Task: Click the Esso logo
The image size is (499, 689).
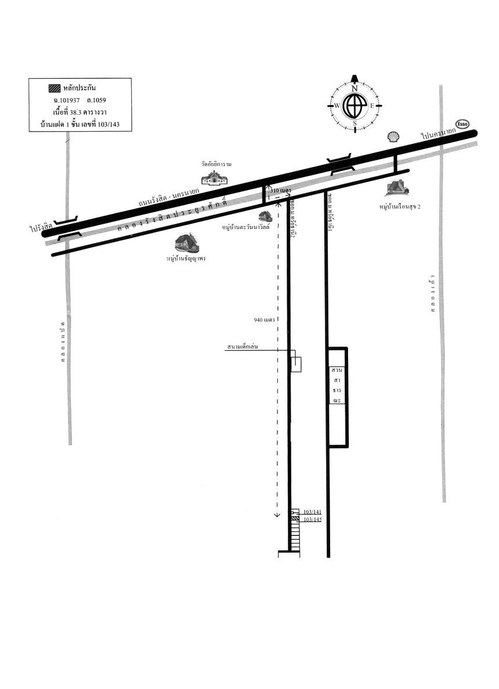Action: [462, 124]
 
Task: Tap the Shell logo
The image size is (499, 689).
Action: [393, 136]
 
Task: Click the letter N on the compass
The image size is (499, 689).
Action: [354, 89]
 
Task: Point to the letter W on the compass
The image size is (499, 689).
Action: [337, 106]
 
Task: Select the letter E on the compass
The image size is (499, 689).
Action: [372, 106]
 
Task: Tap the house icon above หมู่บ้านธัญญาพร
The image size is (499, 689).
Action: [186, 243]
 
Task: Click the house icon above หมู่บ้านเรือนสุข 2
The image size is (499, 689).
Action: [397, 187]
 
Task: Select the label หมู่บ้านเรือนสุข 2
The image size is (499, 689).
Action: [399, 206]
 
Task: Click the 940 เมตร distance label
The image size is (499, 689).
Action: [264, 320]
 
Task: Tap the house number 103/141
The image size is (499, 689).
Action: [313, 512]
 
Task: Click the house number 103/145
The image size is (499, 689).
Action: [313, 520]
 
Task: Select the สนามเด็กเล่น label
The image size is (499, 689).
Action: [243, 347]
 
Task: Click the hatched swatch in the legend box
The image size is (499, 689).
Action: [54, 89]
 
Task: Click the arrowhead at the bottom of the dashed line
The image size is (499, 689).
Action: [277, 514]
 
